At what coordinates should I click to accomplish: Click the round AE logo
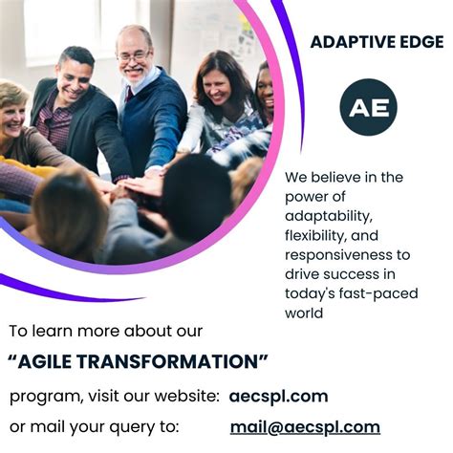point(368,107)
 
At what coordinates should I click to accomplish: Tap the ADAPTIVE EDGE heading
point(377,42)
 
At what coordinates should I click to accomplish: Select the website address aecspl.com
point(278,396)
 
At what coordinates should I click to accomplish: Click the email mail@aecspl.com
point(305,427)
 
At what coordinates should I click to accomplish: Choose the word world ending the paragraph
point(306,313)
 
